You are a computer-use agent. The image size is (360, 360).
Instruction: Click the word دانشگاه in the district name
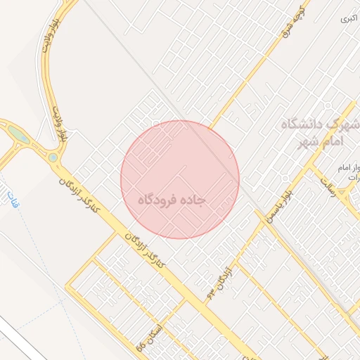click(x=304, y=125)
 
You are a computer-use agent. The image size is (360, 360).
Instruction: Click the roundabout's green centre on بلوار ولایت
click(x=53, y=157)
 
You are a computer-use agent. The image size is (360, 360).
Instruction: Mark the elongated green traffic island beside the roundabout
click(x=19, y=134)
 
